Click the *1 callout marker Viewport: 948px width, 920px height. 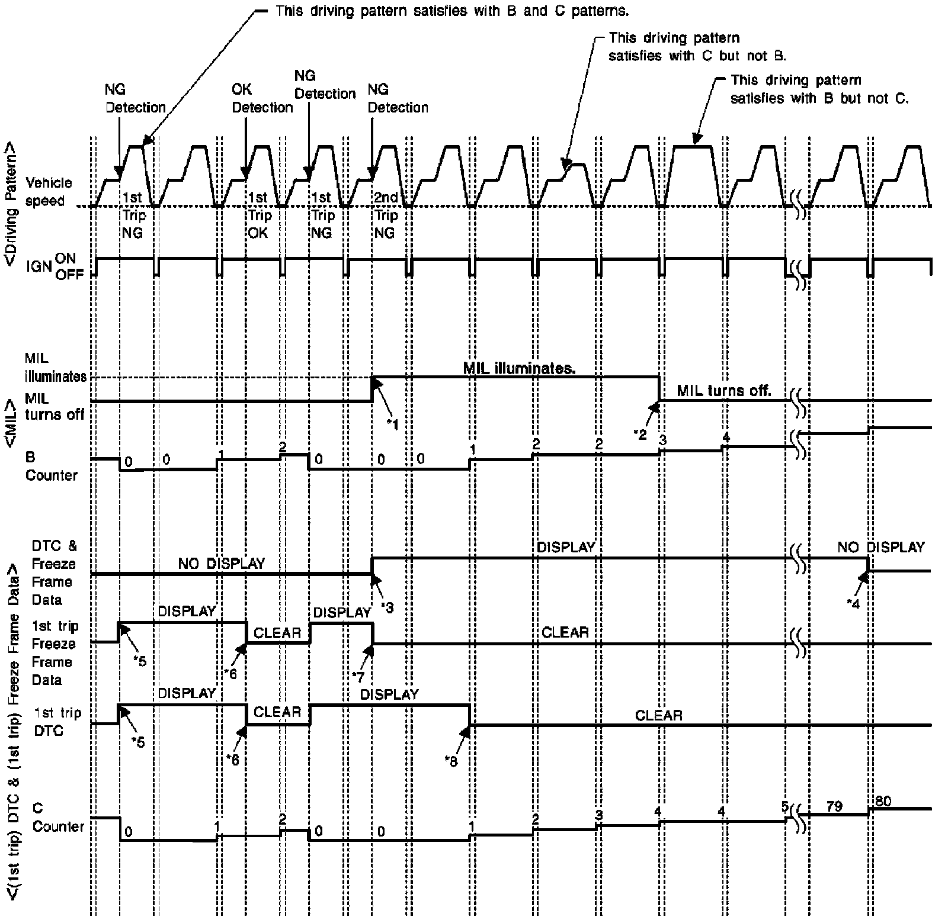click(x=392, y=424)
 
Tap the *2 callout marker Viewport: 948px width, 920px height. click(x=640, y=434)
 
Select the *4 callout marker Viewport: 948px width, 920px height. click(x=853, y=603)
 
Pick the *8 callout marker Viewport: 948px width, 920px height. click(x=451, y=761)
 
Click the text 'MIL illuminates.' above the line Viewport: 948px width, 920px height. click(x=519, y=368)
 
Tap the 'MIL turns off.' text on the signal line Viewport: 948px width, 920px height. click(x=724, y=391)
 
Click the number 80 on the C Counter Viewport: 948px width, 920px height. click(x=883, y=801)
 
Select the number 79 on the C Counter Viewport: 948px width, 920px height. click(x=834, y=806)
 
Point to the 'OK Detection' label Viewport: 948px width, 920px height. click(x=262, y=98)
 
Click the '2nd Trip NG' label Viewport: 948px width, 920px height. click(x=386, y=215)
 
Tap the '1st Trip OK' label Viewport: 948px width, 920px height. click(x=258, y=215)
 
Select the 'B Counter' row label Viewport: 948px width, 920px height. click(x=51, y=466)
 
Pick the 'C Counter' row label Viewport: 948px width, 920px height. click(x=58, y=818)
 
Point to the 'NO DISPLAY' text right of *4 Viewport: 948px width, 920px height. click(x=880, y=547)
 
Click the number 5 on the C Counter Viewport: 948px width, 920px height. click(x=784, y=806)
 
